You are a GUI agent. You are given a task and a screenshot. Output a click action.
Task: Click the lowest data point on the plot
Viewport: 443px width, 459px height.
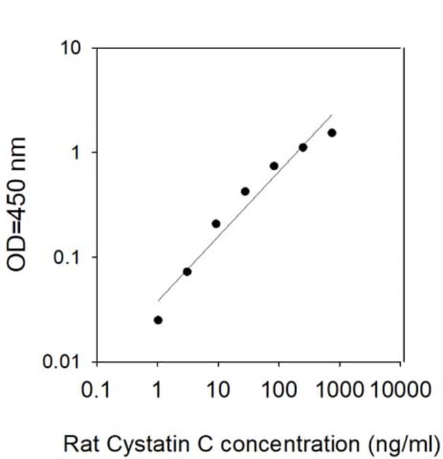(x=158, y=320)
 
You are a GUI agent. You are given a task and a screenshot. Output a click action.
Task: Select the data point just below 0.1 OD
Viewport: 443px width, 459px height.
(x=187, y=272)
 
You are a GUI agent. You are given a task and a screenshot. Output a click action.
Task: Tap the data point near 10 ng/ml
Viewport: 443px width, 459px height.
(x=216, y=224)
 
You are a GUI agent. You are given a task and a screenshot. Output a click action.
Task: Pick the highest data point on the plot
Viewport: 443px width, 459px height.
(x=332, y=133)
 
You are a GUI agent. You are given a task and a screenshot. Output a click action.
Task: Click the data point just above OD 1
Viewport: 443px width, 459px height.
(x=303, y=148)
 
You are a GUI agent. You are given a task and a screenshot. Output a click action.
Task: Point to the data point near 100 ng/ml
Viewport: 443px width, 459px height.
(x=274, y=166)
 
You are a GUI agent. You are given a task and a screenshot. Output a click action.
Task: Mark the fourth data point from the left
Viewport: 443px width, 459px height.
(x=245, y=191)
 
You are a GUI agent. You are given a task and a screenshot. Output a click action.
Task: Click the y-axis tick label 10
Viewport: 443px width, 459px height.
(x=70, y=48)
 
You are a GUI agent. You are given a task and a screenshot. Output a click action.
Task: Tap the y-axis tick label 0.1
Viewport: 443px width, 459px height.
(x=67, y=257)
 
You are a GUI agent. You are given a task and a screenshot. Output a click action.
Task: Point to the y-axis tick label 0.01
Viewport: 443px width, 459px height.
(x=61, y=362)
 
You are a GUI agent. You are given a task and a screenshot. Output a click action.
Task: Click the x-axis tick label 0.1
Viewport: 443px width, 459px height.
(x=95, y=390)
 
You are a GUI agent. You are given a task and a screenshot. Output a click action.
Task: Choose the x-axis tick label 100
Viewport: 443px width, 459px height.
(x=279, y=390)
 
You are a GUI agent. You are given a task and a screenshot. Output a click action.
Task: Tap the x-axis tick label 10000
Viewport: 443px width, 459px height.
(x=401, y=390)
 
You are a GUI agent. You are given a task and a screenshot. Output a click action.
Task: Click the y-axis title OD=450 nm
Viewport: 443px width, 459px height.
(x=16, y=204)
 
